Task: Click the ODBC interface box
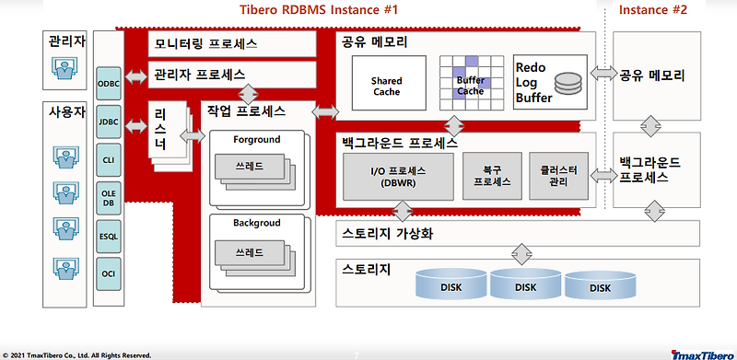(x=107, y=82)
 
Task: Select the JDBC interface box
(x=107, y=121)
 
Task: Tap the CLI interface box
(x=107, y=158)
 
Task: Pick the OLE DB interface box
(x=107, y=195)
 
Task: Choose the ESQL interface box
(x=107, y=234)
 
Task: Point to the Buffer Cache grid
(x=470, y=84)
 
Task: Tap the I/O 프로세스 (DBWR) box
(x=399, y=176)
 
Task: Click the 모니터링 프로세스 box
(x=230, y=43)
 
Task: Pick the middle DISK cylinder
(x=525, y=287)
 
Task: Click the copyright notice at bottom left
(x=77, y=354)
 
